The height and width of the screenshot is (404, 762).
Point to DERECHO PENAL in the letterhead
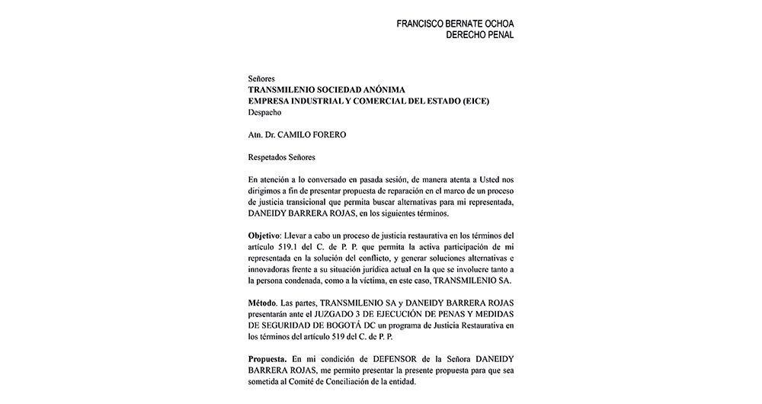(480, 35)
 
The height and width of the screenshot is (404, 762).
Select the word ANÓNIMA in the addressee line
(394, 90)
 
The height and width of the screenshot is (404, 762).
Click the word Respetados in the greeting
(272, 157)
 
